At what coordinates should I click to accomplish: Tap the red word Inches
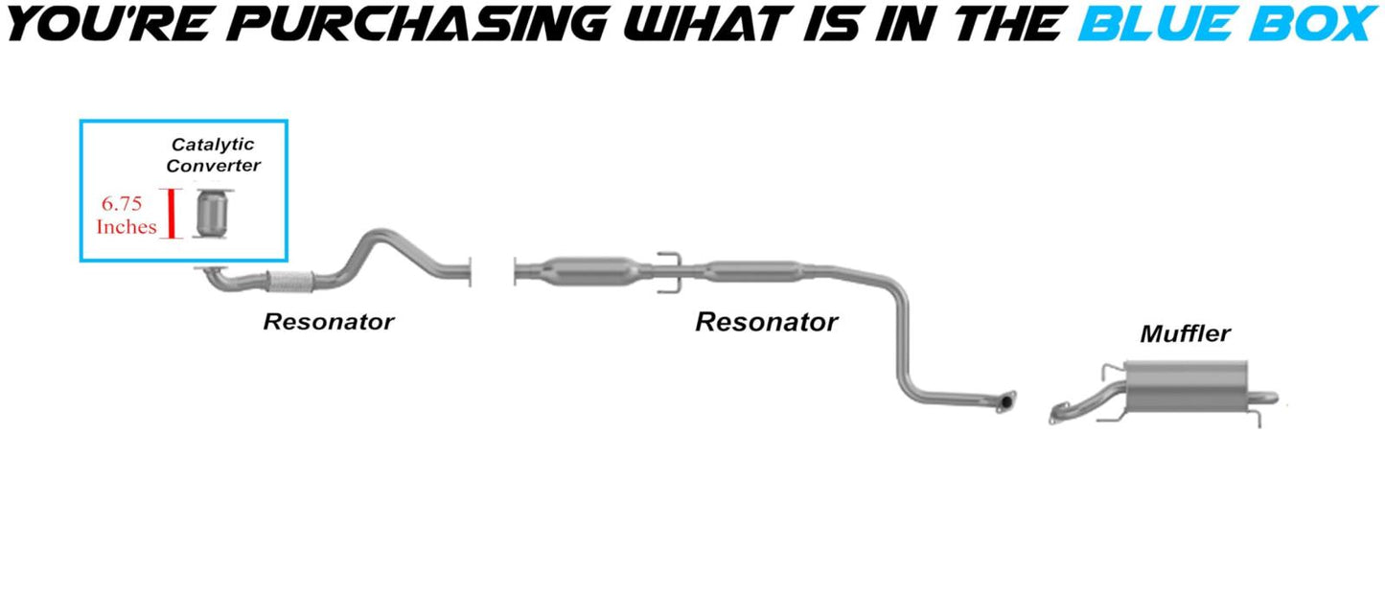coord(126,227)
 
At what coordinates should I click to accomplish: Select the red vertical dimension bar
coord(172,213)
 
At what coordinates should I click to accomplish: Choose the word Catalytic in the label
coord(213,145)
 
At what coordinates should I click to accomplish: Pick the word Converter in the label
coord(213,166)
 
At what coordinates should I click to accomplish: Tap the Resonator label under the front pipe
coord(328,322)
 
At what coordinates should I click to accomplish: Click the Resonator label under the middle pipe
coord(766,322)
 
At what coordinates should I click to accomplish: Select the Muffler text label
coord(1185,334)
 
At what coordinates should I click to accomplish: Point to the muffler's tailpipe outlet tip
coord(1269,396)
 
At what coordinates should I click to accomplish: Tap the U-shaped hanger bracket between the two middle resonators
coord(668,264)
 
